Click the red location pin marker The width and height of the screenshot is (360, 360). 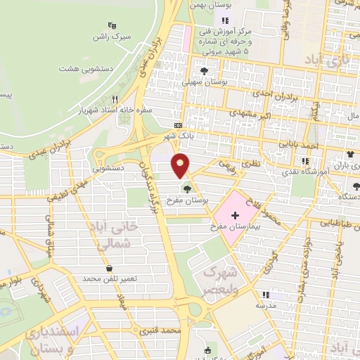[181, 166]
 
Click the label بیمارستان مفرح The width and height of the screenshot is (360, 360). [236, 227]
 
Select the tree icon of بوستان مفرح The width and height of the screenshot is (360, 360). [186, 188]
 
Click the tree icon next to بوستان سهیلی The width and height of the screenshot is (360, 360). [204, 71]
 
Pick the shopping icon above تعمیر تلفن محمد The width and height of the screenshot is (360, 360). [109, 268]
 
